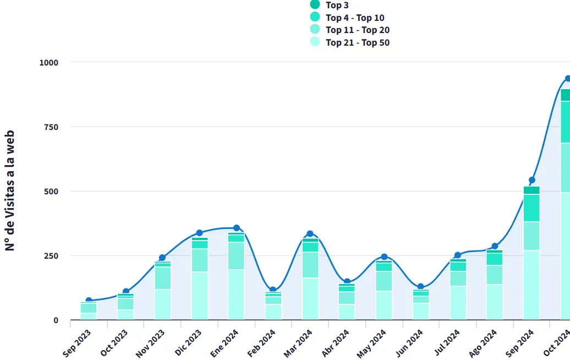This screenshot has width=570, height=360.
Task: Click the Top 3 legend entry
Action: click(x=337, y=6)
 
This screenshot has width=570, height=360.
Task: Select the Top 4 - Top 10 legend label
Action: click(x=354, y=18)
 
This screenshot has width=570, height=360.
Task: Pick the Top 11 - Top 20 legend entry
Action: click(x=357, y=30)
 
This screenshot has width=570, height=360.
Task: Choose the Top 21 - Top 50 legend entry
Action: click(x=357, y=42)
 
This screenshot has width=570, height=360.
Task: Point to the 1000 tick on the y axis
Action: click(x=48, y=62)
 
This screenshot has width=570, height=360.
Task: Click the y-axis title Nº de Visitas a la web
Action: click(x=10, y=191)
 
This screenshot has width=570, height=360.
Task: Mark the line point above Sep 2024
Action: click(x=532, y=180)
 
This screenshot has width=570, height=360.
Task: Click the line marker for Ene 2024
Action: click(x=237, y=228)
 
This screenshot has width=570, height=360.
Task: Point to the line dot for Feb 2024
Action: click(x=273, y=290)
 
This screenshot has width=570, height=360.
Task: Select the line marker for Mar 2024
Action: click(x=310, y=234)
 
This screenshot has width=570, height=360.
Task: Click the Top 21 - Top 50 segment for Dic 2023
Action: click(x=199, y=296)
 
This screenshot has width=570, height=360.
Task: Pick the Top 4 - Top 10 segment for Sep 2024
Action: click(x=531, y=208)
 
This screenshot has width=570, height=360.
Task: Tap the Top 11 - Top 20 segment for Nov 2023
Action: click(x=162, y=278)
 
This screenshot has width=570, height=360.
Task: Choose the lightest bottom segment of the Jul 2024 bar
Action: click(x=458, y=303)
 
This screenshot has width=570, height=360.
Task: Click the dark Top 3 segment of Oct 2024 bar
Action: click(x=565, y=95)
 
